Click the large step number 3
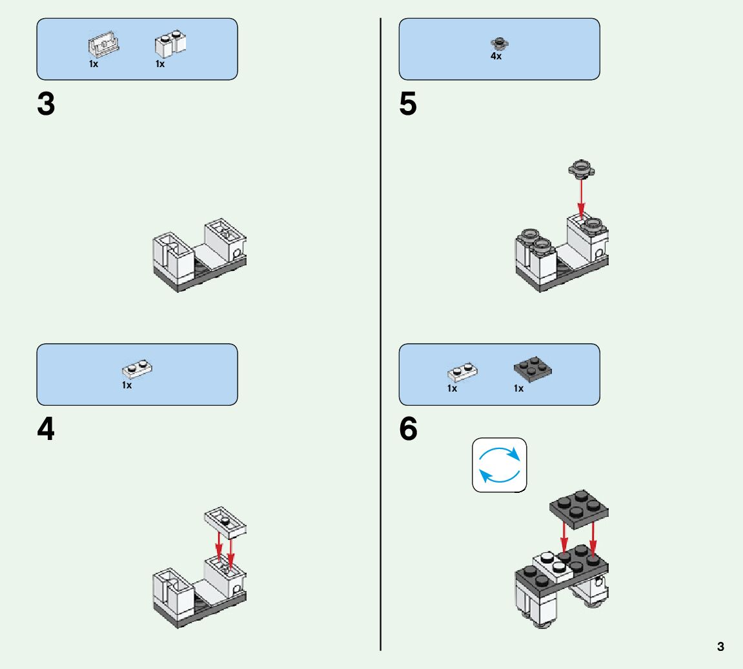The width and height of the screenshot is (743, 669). (46, 105)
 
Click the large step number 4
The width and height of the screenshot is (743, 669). (46, 430)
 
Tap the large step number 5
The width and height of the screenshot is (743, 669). (408, 105)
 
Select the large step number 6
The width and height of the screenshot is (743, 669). (409, 430)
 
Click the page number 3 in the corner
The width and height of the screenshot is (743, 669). (720, 646)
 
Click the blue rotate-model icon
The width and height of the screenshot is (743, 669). (500, 465)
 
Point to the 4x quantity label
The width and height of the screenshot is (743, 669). (496, 57)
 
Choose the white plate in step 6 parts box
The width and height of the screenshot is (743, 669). (462, 373)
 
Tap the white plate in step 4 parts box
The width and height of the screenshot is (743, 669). (137, 370)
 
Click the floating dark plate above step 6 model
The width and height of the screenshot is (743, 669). (580, 506)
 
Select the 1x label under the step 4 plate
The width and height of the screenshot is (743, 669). (127, 385)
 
